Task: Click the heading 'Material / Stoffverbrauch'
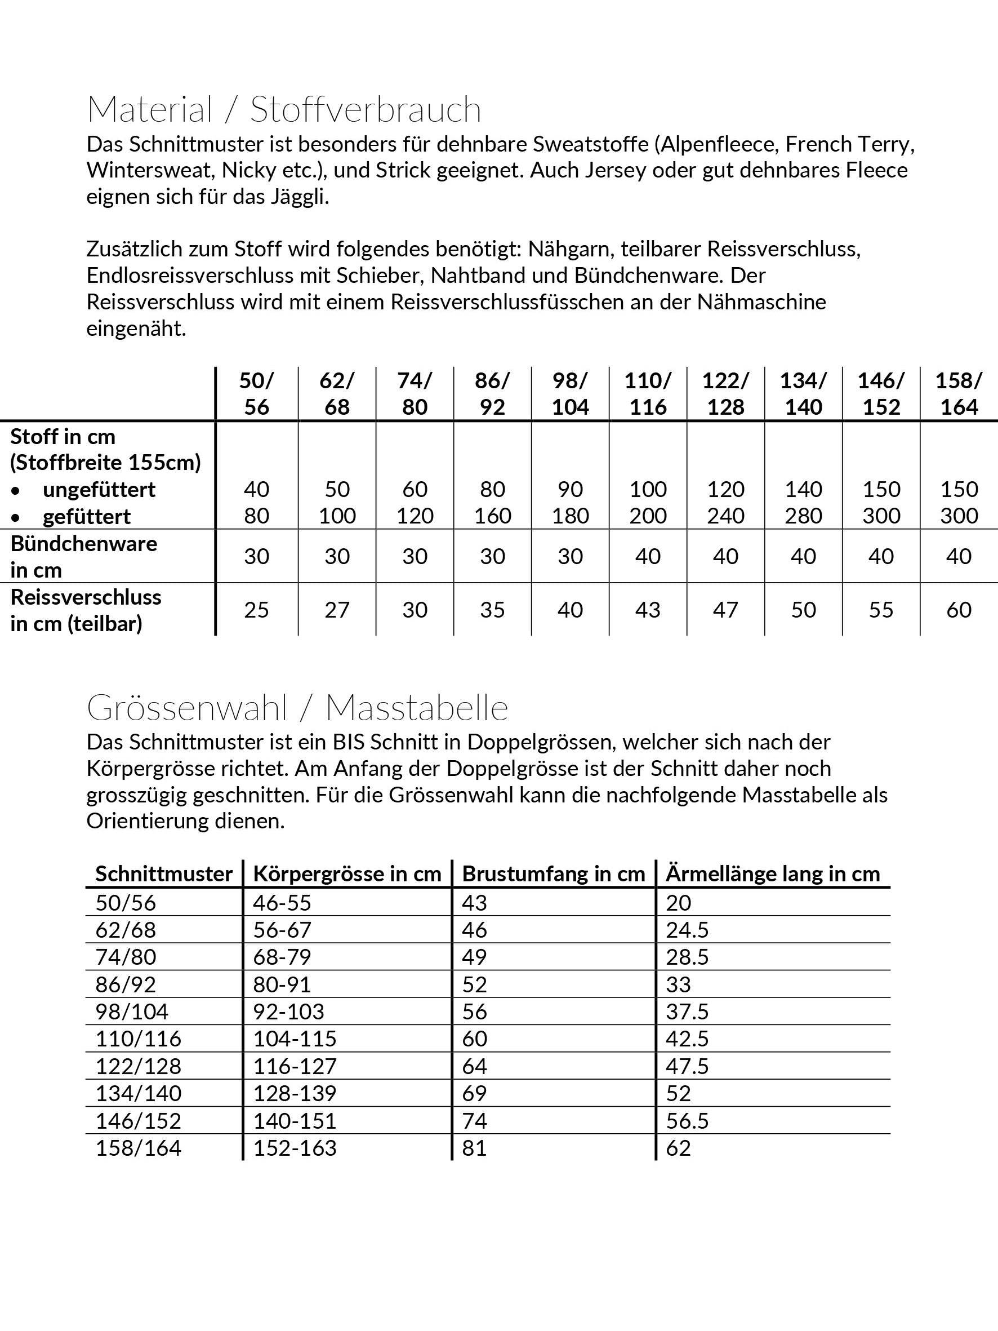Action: tap(284, 109)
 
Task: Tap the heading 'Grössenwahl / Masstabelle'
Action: tap(297, 708)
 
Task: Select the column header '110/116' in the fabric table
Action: tap(648, 393)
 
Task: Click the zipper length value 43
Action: tap(648, 610)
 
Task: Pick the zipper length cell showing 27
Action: tap(337, 610)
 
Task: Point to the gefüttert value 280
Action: tap(803, 516)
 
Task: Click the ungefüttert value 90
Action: tap(570, 489)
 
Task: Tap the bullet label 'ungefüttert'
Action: tap(99, 490)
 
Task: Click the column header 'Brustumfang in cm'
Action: tap(553, 873)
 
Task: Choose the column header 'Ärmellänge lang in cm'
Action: tap(772, 873)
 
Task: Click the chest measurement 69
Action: tap(474, 1093)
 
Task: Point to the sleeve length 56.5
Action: tap(687, 1120)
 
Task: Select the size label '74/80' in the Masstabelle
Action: tap(126, 957)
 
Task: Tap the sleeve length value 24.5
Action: tap(687, 930)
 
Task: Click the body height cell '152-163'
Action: tap(295, 1148)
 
